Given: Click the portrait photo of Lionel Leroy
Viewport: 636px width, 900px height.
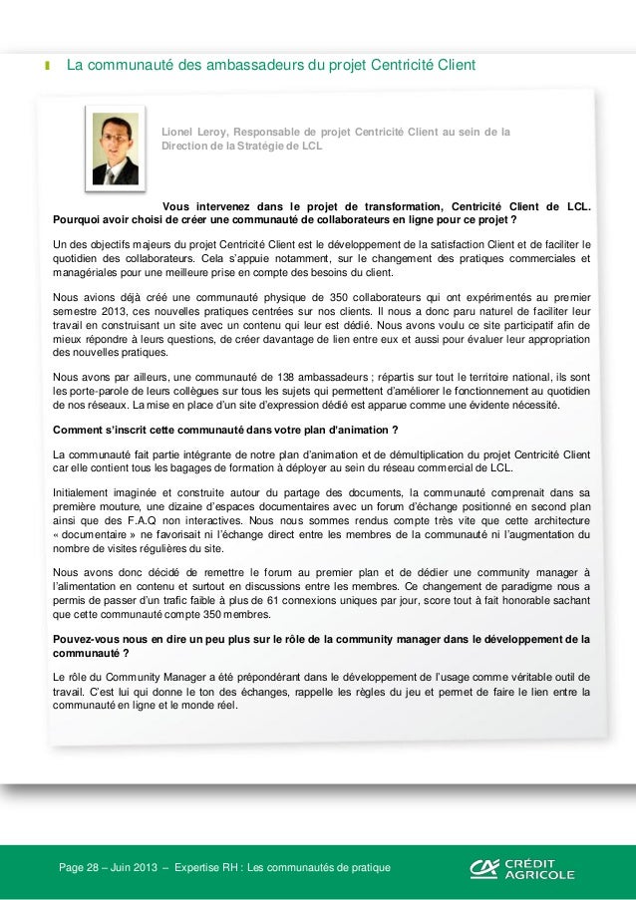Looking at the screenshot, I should [116, 149].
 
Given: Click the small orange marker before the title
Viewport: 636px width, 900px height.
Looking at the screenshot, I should [46, 67].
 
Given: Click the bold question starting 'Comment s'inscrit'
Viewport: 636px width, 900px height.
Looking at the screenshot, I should [225, 430].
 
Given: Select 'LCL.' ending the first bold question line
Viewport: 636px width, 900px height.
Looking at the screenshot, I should [577, 207].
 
